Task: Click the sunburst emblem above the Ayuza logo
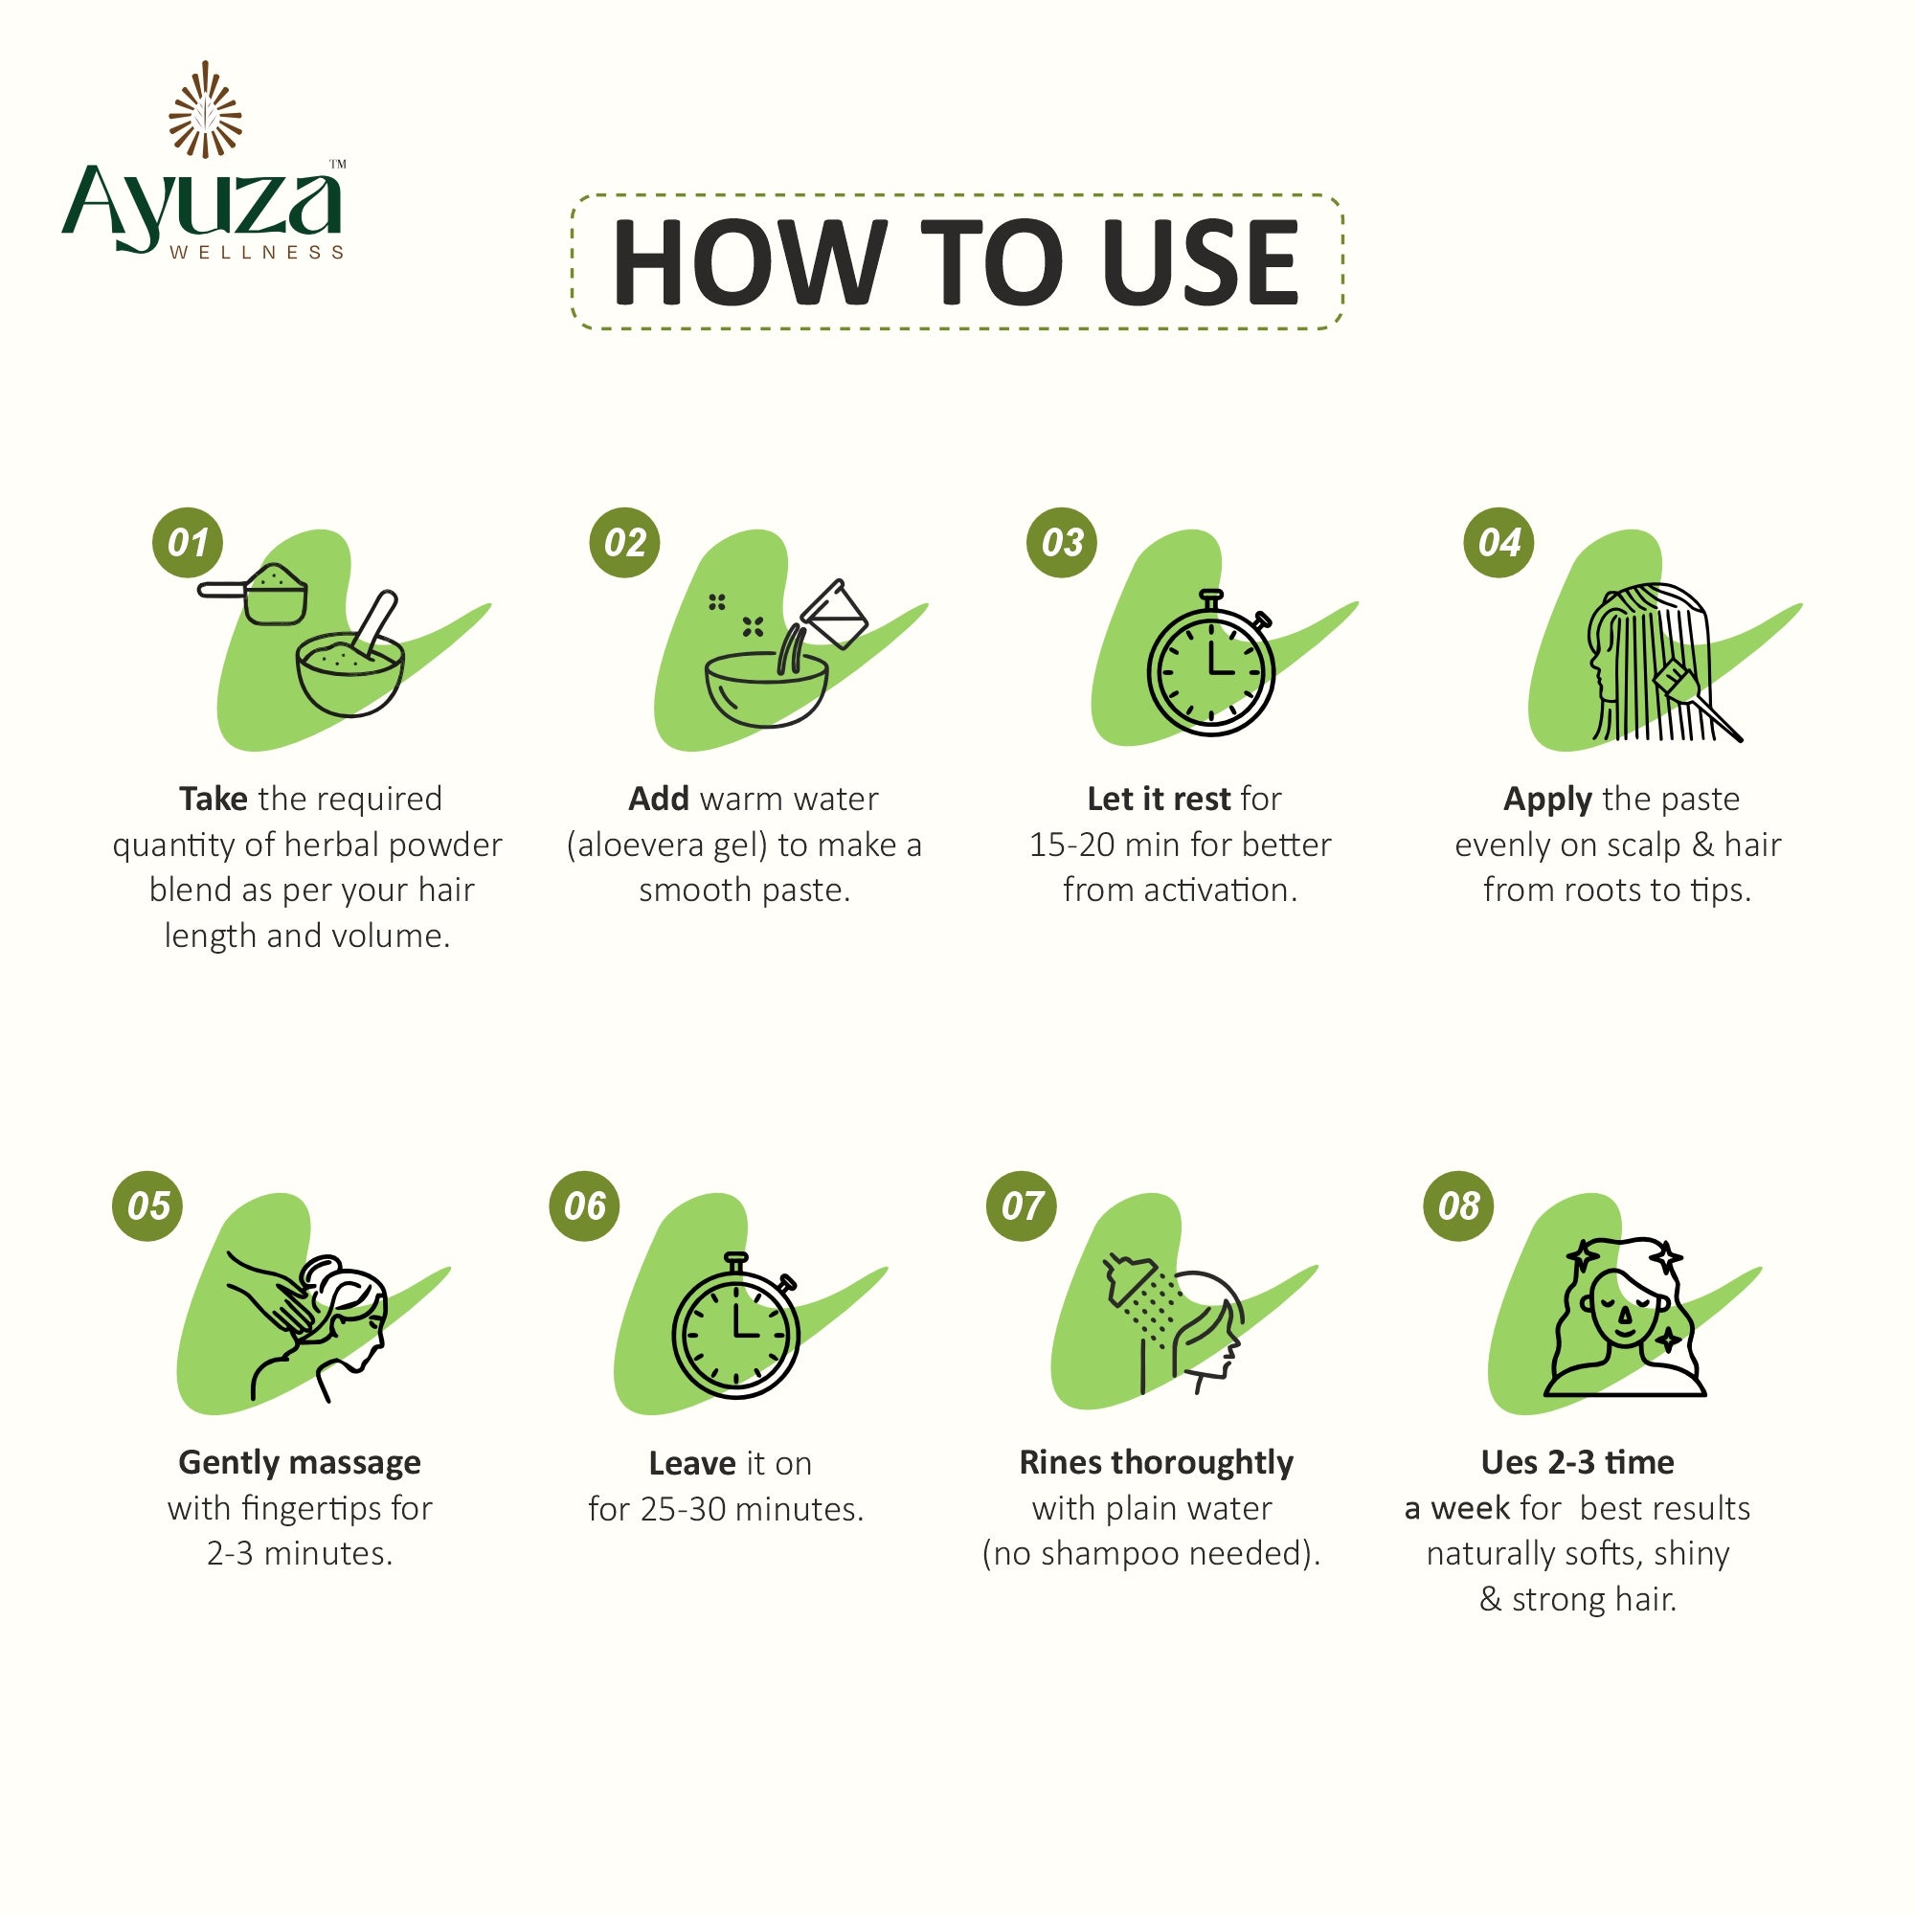click(x=205, y=109)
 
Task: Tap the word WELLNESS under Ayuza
click(x=256, y=253)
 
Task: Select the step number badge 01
click(x=188, y=542)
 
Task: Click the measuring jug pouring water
click(x=835, y=614)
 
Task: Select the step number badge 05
click(x=147, y=1205)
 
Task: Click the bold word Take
click(x=214, y=799)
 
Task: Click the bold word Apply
click(x=1547, y=799)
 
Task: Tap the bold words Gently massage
click(x=300, y=1462)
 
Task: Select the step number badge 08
click(x=1458, y=1205)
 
